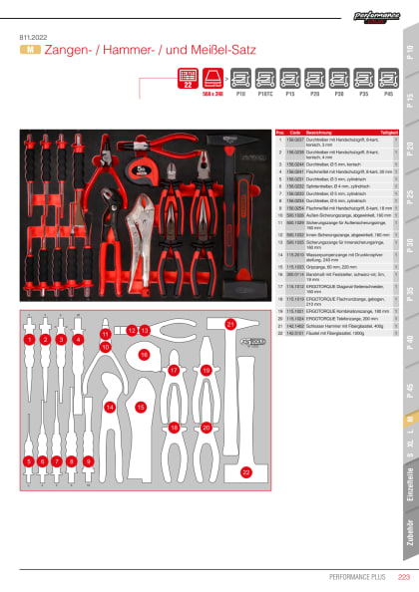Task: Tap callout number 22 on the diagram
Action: [x=246, y=471]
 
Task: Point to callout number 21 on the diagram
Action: [x=229, y=324]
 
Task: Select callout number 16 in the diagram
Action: [x=145, y=354]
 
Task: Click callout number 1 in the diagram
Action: [x=29, y=340]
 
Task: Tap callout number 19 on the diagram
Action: [x=206, y=370]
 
